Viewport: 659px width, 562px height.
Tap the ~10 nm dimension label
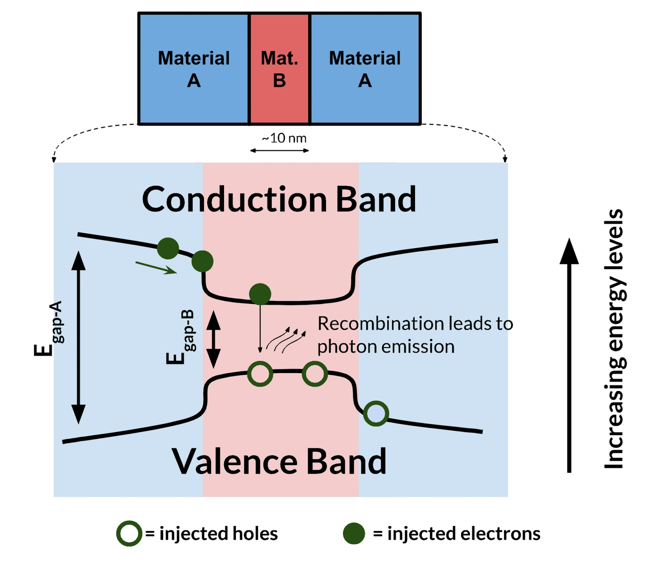coord(284,138)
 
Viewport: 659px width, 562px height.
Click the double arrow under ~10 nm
coord(280,151)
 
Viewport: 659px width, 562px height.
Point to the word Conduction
coord(235,200)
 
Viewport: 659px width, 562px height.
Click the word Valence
coord(235,462)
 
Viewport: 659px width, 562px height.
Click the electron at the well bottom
coord(260,294)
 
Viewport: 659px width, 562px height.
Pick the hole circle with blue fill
coord(376,413)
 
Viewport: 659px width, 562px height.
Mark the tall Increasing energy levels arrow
coord(569,354)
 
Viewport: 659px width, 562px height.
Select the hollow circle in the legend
coord(129,534)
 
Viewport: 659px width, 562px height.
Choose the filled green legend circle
coord(354,534)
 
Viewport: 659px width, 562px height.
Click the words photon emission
coord(386,347)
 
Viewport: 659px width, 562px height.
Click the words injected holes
coord(218,534)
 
